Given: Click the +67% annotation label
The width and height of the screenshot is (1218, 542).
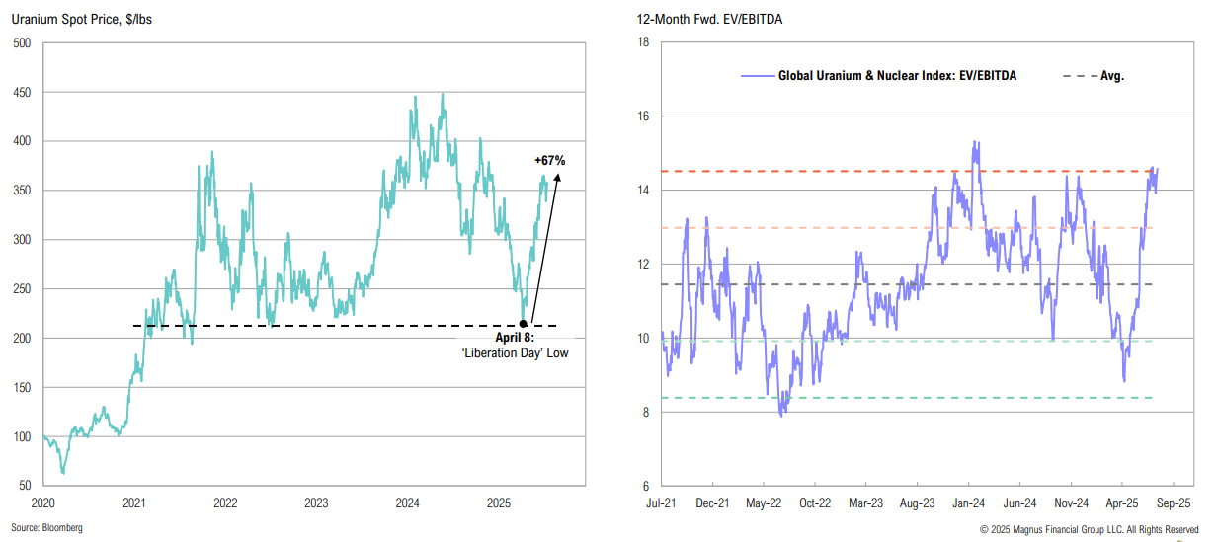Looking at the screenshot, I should pyautogui.click(x=549, y=160).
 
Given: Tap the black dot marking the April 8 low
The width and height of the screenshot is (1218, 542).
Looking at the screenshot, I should pyautogui.click(x=524, y=323).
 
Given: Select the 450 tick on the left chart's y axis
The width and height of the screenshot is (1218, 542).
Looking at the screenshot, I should pyautogui.click(x=22, y=92).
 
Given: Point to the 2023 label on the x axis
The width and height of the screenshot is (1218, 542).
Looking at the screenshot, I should pyautogui.click(x=316, y=503).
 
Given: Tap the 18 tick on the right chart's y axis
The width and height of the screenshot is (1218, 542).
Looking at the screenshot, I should pyautogui.click(x=642, y=42).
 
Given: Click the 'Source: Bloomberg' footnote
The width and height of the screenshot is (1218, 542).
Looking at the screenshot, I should pyautogui.click(x=47, y=528).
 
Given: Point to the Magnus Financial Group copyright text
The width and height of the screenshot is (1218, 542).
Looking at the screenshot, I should pyautogui.click(x=1089, y=529).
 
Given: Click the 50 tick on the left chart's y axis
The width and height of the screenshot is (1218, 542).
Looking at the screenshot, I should pyautogui.click(x=25, y=486).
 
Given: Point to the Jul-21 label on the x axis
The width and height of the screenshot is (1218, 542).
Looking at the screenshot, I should pyautogui.click(x=662, y=503).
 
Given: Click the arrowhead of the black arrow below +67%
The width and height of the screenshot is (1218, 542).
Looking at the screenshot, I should pyautogui.click(x=559, y=178).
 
